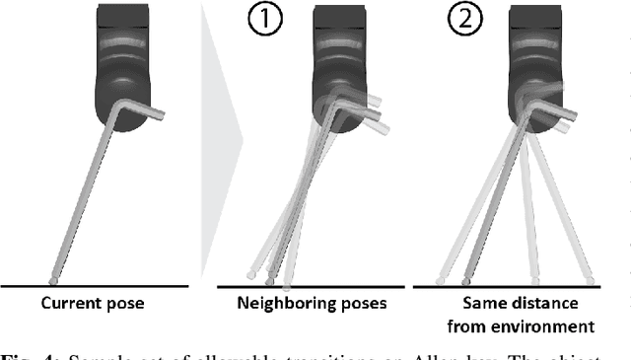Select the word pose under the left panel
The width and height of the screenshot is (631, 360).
click(x=123, y=304)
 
